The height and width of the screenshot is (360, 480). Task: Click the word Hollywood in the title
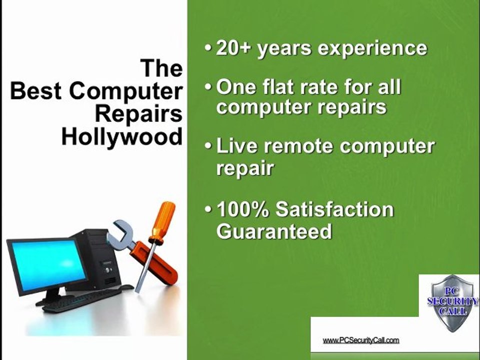click(122, 136)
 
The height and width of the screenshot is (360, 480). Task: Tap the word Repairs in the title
click(138, 113)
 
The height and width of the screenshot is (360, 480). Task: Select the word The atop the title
click(161, 68)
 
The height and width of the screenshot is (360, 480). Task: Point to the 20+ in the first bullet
click(234, 48)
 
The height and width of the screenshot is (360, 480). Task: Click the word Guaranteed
click(274, 231)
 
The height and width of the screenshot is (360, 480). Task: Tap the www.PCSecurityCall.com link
click(361, 340)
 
